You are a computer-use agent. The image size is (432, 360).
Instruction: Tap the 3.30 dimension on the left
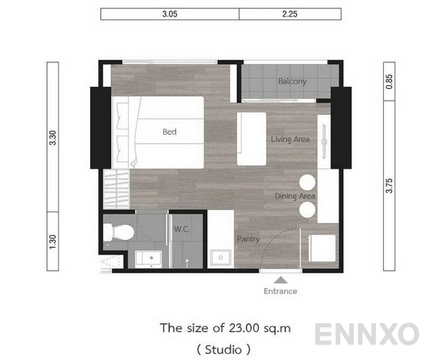click(52, 138)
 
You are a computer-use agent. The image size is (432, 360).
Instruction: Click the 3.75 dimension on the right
click(389, 187)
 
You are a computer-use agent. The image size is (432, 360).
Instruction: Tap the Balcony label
click(292, 81)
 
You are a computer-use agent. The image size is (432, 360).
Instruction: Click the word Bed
click(170, 132)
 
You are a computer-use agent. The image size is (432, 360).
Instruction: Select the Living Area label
click(290, 139)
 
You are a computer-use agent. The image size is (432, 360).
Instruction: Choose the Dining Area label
click(294, 196)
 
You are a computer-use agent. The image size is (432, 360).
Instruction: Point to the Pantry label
click(248, 239)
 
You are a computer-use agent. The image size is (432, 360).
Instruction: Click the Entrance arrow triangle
click(280, 280)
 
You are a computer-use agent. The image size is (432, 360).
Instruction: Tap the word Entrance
click(280, 291)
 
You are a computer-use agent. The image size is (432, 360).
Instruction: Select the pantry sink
click(220, 258)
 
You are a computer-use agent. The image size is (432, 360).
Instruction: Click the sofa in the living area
click(252, 139)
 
